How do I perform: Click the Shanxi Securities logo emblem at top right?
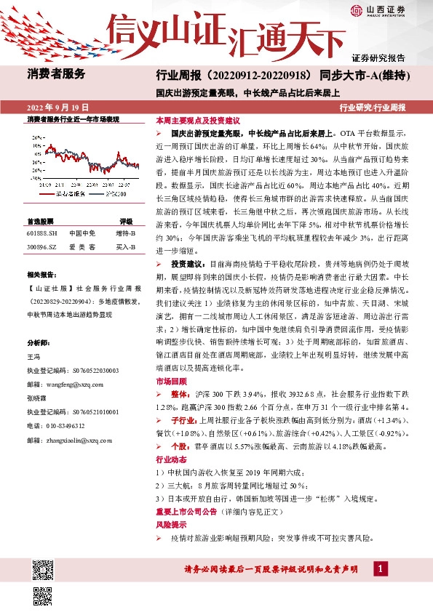pyautogui.click(x=357, y=11)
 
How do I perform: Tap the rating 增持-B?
pyautogui.click(x=125, y=233)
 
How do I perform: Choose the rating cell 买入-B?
pyautogui.click(x=125, y=246)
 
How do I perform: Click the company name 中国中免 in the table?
pyautogui.click(x=82, y=233)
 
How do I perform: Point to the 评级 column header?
pyautogui.click(x=126, y=220)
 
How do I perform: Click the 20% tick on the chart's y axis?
pyautogui.click(x=36, y=136)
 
